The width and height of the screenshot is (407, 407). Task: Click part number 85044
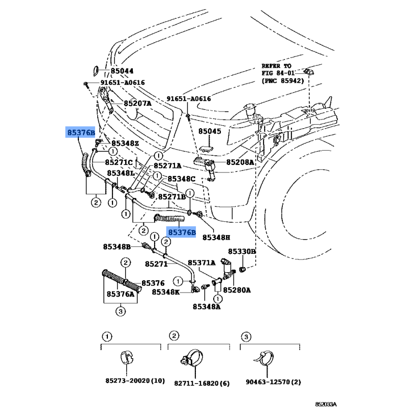pyautogui.click(x=122, y=72)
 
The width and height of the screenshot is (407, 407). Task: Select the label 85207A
pyautogui.click(x=137, y=103)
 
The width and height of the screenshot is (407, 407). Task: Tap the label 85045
pyautogui.click(x=210, y=131)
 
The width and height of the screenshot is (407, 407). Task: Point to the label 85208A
pyautogui.click(x=240, y=163)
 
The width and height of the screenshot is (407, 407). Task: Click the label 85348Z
pyautogui.click(x=125, y=144)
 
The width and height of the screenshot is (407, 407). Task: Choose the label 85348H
pyautogui.click(x=216, y=237)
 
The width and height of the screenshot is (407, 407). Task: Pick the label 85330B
pyautogui.click(x=242, y=252)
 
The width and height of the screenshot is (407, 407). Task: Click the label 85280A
pyautogui.click(x=238, y=290)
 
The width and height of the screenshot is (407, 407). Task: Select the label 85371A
pyautogui.click(x=202, y=262)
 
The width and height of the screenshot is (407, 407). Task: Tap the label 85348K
pyautogui.click(x=165, y=292)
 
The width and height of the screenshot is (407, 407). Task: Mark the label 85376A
pyautogui.click(x=121, y=294)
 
